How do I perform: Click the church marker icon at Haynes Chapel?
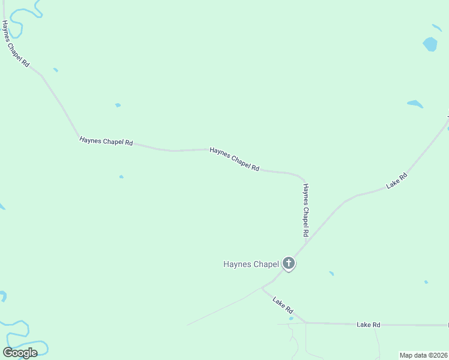click(289, 263)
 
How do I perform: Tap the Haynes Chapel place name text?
click(251, 264)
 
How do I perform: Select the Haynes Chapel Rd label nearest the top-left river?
click(15, 44)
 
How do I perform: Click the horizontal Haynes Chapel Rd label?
click(106, 142)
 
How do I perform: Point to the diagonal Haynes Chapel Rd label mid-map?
click(234, 160)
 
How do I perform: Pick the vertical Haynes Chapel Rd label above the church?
click(306, 209)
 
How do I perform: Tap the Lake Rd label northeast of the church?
click(397, 181)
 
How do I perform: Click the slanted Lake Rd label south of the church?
click(283, 305)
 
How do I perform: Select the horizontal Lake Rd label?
click(369, 325)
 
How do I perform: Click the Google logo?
click(20, 353)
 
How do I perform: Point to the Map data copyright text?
click(424, 355)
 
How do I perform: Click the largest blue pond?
click(430, 44)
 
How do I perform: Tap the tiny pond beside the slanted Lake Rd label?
click(291, 319)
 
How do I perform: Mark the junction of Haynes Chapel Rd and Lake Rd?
click(304, 243)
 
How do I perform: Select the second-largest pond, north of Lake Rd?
click(415, 104)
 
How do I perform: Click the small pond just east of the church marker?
click(331, 274)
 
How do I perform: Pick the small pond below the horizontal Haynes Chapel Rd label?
click(121, 177)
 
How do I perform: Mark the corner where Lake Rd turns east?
click(306, 323)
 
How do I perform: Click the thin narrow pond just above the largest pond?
click(437, 28)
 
